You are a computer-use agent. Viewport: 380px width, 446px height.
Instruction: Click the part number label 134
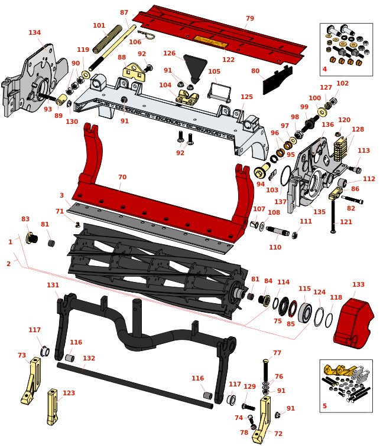click(35, 33)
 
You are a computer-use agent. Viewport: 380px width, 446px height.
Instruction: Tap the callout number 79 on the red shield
click(250, 19)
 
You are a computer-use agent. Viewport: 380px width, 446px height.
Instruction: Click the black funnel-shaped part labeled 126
click(196, 65)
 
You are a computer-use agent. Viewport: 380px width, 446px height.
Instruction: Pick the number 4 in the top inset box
click(324, 70)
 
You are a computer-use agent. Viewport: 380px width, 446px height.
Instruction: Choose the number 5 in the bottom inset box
click(324, 406)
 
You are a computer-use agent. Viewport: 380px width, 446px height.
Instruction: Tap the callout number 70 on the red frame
click(122, 178)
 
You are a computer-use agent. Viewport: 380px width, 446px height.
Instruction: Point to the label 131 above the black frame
click(53, 286)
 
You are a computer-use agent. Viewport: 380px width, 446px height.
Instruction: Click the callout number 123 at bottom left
click(69, 393)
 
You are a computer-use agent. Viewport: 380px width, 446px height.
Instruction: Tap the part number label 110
click(275, 248)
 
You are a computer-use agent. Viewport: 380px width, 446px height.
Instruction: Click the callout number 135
click(319, 212)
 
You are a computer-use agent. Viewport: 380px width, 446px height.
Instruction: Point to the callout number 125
click(246, 97)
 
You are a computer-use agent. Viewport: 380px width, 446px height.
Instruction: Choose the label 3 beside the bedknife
click(61, 196)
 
